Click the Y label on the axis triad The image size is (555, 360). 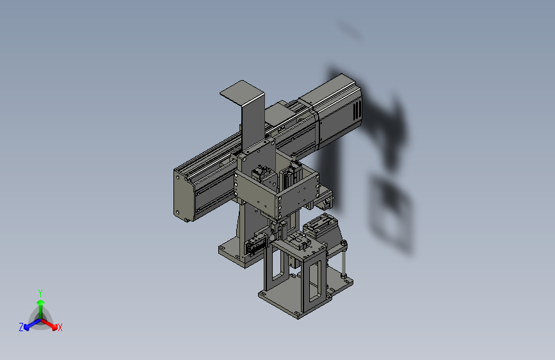pos(40,293)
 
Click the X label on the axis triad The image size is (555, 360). pos(60,327)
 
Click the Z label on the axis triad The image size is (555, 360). pos(21,327)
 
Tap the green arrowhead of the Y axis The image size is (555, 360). pos(41,302)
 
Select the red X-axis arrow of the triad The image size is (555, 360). pos(49,324)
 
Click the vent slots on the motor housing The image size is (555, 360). pos(357,110)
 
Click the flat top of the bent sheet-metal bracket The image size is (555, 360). pos(242,92)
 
